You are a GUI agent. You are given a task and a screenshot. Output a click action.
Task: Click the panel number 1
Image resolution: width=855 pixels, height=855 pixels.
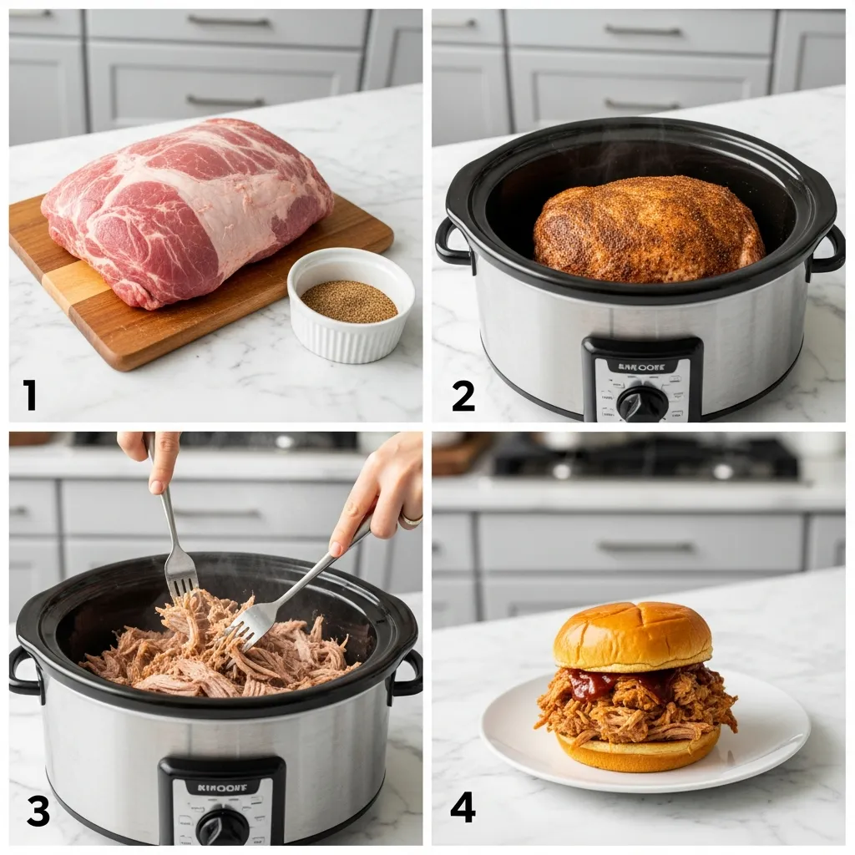(30, 394)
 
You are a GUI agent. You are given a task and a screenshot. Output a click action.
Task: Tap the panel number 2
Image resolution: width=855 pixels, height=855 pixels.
(463, 395)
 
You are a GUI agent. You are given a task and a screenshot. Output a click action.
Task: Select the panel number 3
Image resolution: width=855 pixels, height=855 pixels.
(38, 811)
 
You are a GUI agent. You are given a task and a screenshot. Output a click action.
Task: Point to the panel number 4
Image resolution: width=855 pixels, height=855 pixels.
(463, 807)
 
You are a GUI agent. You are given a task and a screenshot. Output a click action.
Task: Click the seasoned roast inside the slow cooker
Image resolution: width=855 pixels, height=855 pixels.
(648, 229)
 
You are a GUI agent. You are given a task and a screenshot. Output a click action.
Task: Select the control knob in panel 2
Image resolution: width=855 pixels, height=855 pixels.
(642, 403)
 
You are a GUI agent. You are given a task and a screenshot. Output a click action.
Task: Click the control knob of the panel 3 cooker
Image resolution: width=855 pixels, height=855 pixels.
(222, 827)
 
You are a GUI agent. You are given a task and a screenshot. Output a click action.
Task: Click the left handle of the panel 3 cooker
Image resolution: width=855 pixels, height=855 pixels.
(24, 673)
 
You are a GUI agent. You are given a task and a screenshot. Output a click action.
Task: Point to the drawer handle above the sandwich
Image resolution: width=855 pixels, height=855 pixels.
(645, 547)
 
